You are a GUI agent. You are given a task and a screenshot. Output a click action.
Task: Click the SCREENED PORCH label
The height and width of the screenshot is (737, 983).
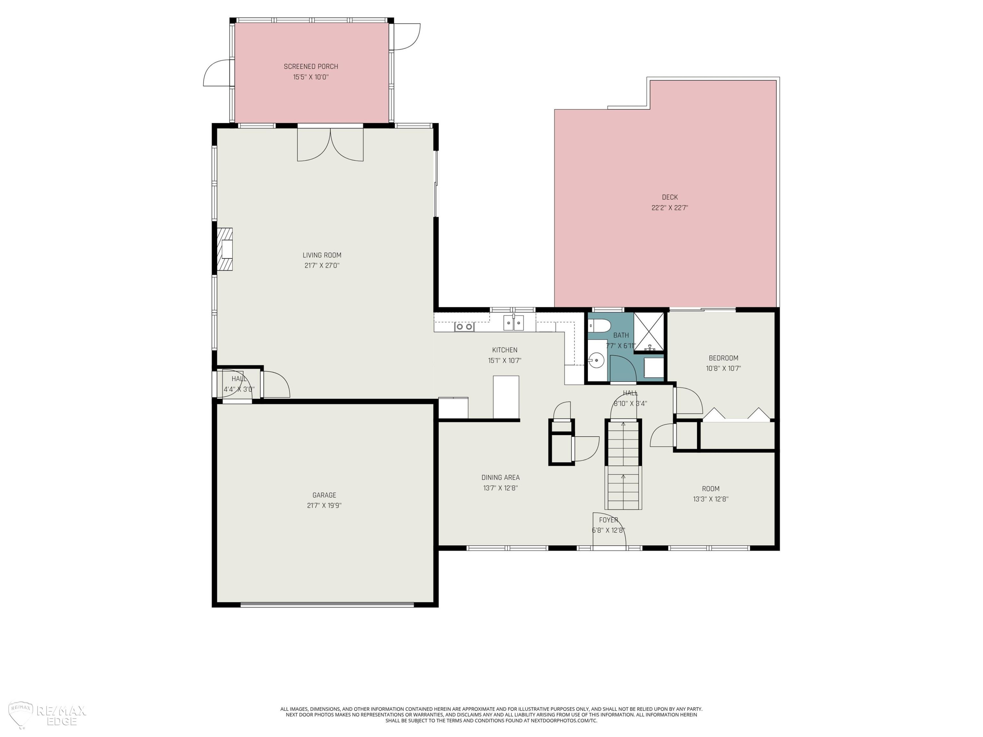pos(311,66)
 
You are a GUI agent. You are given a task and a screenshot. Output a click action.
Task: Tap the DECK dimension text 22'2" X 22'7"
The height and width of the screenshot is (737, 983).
pos(670,207)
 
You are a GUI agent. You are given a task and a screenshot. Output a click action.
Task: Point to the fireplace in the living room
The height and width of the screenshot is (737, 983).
pos(225,249)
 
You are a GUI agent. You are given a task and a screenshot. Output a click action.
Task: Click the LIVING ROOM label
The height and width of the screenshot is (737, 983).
pos(322,255)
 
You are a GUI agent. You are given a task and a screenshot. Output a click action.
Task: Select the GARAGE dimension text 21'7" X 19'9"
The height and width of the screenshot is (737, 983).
pos(324,505)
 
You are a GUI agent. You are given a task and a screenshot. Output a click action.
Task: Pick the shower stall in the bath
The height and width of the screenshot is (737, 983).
pos(649,332)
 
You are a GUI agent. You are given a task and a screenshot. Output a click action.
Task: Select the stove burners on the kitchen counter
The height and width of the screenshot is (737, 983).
pos(464,327)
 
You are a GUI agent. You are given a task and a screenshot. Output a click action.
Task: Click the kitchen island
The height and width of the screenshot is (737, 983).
pos(506,397)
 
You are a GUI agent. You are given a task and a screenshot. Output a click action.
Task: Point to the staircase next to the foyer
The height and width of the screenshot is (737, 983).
pos(623,465)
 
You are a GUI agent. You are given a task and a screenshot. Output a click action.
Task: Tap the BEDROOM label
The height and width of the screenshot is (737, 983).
pos(723,358)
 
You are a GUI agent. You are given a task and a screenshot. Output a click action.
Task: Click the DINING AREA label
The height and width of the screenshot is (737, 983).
pos(500,478)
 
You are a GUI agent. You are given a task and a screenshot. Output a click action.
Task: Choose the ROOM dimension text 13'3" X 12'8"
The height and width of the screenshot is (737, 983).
pos(711,499)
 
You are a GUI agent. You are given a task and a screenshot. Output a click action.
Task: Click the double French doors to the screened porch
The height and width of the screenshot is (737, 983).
pos(330,144)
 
